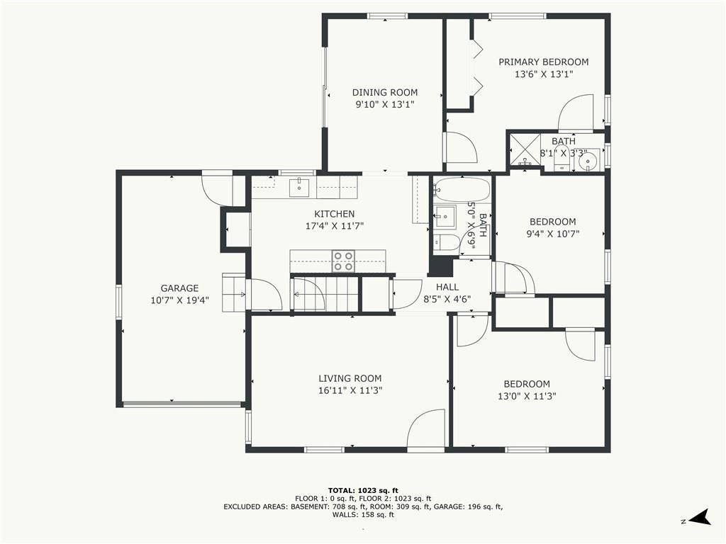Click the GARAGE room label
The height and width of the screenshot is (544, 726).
tap(179, 288)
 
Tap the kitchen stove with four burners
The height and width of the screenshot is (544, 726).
tap(343, 261)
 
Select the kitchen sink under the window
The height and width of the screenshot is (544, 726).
tap(299, 187)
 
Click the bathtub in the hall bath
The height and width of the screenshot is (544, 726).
tap(462, 189)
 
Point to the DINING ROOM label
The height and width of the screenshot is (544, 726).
tap(385, 93)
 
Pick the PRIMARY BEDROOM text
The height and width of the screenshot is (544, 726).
tap(544, 62)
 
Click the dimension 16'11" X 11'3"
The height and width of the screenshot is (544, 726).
tap(350, 390)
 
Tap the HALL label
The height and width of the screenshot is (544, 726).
tap(447, 288)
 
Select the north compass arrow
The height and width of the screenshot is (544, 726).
tap(700, 517)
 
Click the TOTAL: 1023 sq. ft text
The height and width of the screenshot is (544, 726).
tap(363, 490)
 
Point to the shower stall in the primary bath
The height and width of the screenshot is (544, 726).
tap(525, 150)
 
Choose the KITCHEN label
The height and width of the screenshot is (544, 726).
tap(335, 214)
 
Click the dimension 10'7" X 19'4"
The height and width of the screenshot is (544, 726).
tap(179, 300)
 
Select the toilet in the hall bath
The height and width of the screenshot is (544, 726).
tap(446, 242)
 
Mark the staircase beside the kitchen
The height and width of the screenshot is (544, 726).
tap(325, 294)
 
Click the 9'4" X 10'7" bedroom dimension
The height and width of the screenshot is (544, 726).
tap(553, 234)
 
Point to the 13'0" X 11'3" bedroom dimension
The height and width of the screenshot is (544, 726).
tap(527, 396)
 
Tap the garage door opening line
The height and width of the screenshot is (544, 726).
tap(182, 404)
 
